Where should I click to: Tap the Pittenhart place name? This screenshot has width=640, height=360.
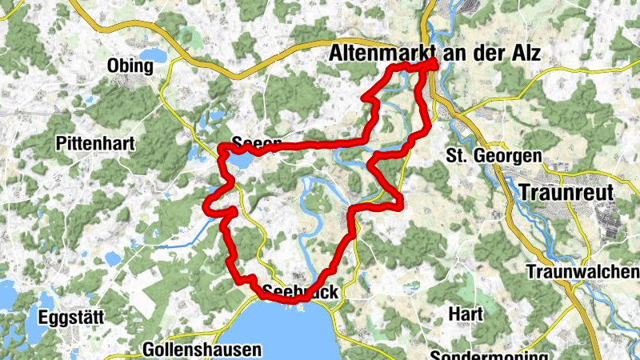coord(96,144)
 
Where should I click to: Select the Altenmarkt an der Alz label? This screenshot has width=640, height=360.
coord(435,54)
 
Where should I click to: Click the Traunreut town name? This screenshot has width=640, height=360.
coord(566,193)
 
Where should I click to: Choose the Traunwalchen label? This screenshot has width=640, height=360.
coord(582,272)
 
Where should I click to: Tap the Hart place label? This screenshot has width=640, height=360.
coord(465,314)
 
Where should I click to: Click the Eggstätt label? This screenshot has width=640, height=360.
coord(70,318)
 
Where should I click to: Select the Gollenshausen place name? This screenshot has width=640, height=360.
coord(202,350)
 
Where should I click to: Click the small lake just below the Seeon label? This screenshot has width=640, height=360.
coord(239,162)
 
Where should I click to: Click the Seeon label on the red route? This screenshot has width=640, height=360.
coord(256,145)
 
